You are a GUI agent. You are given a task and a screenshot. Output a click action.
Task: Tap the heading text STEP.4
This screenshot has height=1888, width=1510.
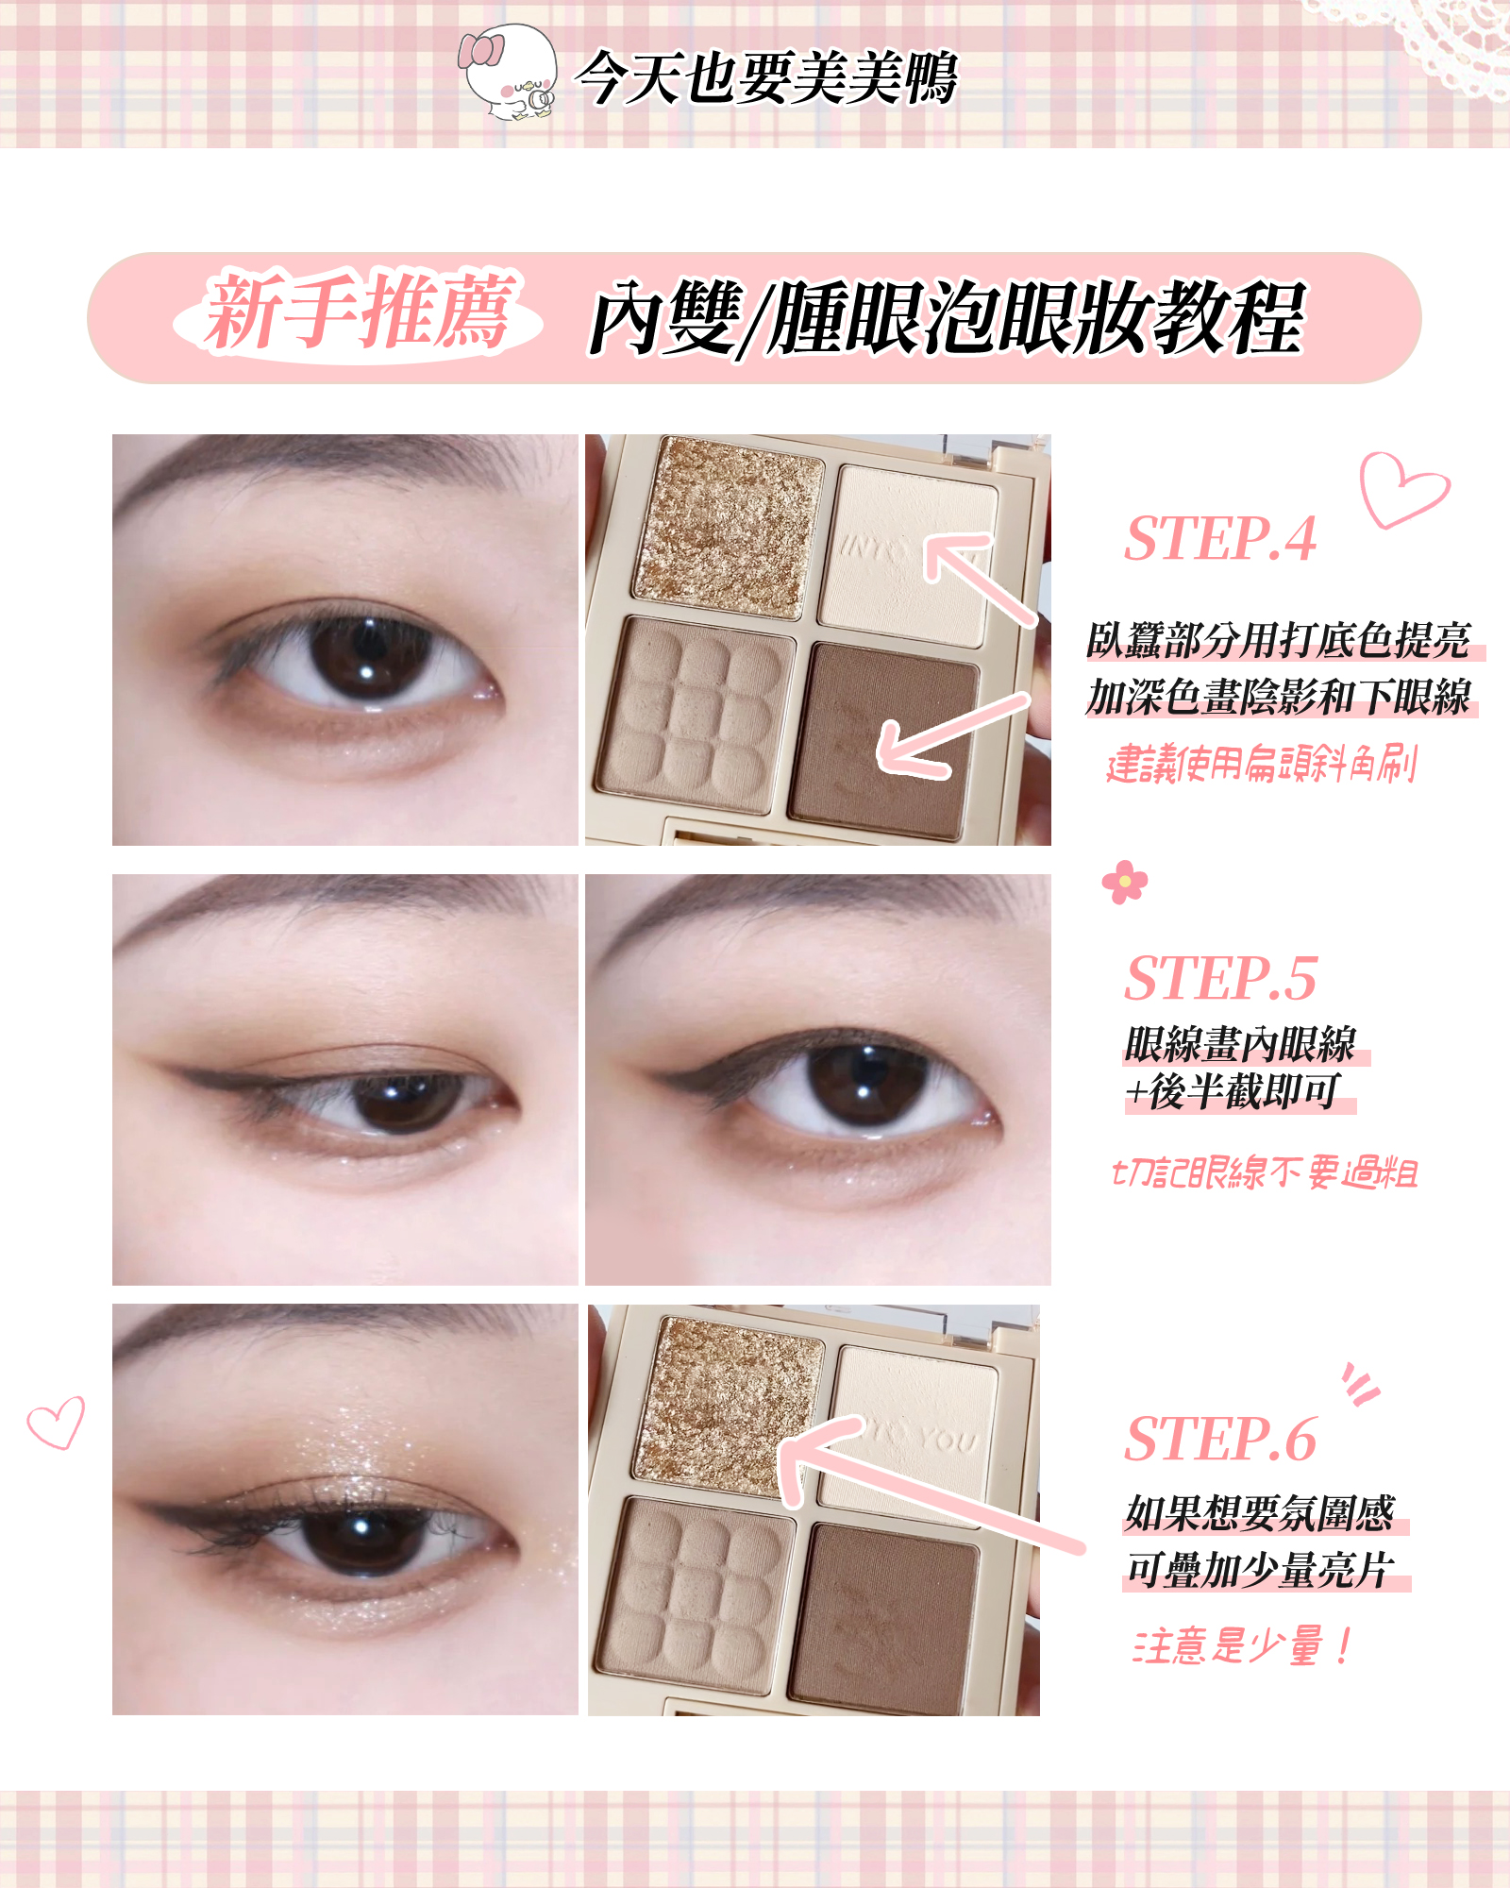tap(1220, 539)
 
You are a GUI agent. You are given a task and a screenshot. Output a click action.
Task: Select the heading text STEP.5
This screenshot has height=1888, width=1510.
tap(1220, 978)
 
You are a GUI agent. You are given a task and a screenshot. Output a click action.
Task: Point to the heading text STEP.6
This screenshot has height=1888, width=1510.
tap(1220, 1439)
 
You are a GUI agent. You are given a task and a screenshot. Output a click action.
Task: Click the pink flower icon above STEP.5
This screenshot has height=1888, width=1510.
tap(1125, 882)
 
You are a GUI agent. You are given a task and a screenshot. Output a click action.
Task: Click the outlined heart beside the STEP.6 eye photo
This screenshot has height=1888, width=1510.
tap(56, 1423)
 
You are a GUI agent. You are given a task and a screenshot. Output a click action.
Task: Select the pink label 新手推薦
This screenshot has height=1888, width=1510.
tap(360, 311)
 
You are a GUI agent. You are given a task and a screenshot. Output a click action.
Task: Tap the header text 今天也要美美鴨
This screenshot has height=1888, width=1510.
tap(766, 77)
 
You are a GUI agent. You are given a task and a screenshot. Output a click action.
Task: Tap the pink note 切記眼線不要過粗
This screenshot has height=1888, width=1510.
tap(1266, 1172)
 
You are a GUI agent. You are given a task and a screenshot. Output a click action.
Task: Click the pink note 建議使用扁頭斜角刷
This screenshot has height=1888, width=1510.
tap(1262, 764)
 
